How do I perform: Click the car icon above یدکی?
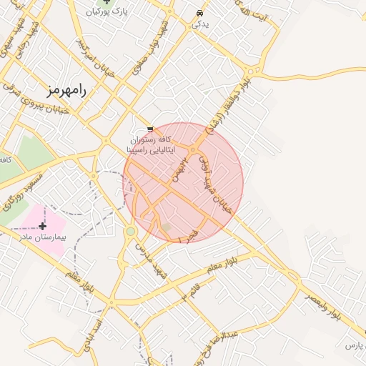coord(198,13)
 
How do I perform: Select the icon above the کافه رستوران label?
coord(149,129)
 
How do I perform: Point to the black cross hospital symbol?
coord(43,226)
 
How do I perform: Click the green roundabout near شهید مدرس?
coord(130,232)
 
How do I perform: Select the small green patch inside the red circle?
coord(166,227)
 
